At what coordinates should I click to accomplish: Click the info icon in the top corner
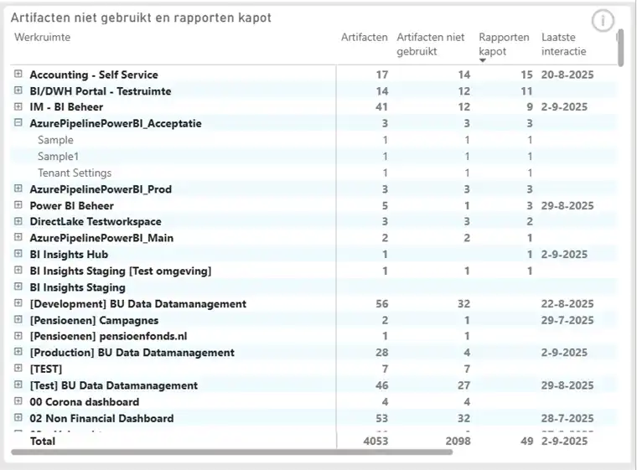click(x=603, y=21)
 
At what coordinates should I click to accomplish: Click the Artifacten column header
click(x=364, y=37)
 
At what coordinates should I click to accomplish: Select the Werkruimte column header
click(x=43, y=37)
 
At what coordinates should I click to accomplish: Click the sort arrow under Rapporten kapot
click(x=482, y=59)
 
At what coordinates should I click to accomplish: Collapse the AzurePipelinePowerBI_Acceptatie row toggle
click(x=18, y=123)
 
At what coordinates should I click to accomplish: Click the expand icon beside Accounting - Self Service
click(x=18, y=75)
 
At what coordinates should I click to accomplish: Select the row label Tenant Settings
click(x=75, y=173)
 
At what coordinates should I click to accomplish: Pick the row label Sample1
click(x=58, y=157)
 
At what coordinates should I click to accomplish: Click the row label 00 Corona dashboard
click(x=84, y=402)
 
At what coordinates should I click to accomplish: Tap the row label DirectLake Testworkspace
click(x=95, y=222)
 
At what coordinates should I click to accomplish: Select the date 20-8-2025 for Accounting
click(x=567, y=75)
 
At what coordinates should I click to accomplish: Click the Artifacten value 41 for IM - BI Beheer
click(x=381, y=107)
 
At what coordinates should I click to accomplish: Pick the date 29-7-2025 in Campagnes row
click(x=567, y=320)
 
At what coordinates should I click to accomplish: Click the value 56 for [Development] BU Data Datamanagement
click(x=381, y=304)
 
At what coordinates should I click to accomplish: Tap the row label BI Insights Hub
click(x=69, y=255)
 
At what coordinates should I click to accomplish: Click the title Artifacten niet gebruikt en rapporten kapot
click(x=141, y=18)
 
